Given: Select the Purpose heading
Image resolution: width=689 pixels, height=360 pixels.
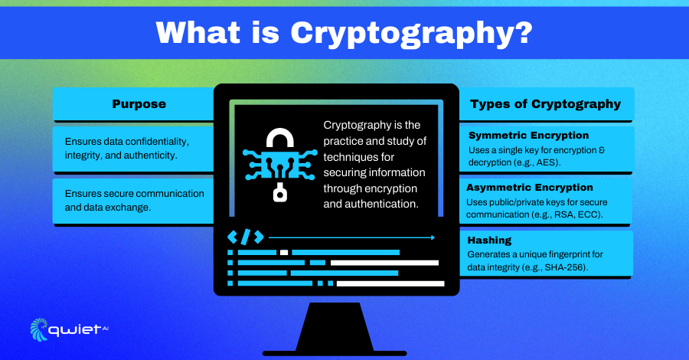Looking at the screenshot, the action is (139, 104).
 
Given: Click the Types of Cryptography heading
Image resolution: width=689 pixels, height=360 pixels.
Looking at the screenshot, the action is (545, 104).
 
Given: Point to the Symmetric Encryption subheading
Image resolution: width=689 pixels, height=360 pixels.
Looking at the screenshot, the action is (528, 136).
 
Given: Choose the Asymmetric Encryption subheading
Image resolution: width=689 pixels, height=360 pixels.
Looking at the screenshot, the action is (530, 188).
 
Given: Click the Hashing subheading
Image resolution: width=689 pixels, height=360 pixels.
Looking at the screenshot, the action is (489, 240).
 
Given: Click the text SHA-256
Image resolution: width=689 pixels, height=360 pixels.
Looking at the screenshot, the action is (565, 267).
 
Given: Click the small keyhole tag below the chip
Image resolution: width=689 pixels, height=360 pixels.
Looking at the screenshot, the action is (280, 193).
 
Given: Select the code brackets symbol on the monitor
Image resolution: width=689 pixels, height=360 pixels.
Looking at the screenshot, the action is (246, 237).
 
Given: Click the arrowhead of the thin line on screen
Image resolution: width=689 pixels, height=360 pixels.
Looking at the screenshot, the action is (433, 237).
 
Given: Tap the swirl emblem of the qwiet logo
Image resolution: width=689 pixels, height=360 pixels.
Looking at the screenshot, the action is (39, 329).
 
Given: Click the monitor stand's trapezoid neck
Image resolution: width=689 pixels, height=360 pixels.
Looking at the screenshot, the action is (335, 326).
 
